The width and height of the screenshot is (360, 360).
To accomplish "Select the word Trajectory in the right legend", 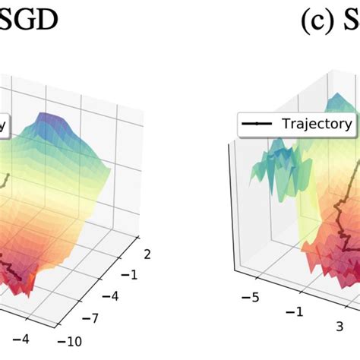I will click(317, 124).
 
